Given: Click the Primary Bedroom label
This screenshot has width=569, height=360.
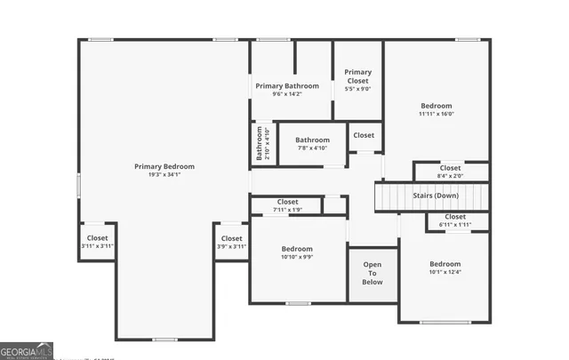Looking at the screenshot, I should click(164, 166).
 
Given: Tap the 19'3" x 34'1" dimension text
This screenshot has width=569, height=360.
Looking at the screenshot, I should click(164, 175).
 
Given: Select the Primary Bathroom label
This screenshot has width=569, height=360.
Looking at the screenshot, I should click(287, 86).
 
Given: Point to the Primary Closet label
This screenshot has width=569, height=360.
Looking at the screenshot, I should click(358, 76).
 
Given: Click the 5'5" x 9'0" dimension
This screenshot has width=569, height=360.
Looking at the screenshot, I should click(358, 89).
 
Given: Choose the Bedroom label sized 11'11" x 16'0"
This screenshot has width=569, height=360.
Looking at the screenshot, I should click(436, 106).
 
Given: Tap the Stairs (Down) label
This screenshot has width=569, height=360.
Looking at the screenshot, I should click(436, 195).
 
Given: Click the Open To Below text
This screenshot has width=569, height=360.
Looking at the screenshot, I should click(373, 273).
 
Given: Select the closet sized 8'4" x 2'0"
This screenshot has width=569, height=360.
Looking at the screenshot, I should click(450, 168).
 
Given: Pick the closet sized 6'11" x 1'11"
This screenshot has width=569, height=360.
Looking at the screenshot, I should click(454, 217).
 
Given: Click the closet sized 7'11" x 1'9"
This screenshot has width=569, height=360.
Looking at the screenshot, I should click(287, 202).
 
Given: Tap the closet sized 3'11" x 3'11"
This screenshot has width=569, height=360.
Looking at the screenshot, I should click(97, 238).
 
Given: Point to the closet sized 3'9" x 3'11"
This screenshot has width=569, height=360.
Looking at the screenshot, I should click(231, 238).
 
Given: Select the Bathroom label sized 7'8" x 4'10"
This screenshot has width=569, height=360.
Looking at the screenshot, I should click(312, 140).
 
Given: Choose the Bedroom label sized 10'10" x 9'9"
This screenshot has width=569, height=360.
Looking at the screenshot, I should click(297, 249).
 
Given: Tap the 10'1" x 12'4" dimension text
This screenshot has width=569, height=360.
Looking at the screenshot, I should click(445, 273).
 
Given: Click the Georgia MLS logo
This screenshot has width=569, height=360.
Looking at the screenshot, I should click(27, 350).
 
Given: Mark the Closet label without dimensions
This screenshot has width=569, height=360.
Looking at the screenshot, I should click(364, 135).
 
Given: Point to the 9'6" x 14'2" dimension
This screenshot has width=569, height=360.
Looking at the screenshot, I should click(287, 94).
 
